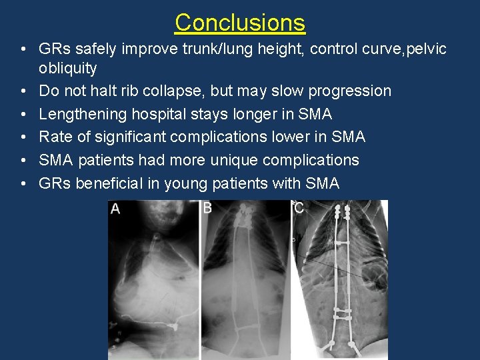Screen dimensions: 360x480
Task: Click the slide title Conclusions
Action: pyautogui.click(x=240, y=23)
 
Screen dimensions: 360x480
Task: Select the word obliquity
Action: pyautogui.click(x=68, y=69)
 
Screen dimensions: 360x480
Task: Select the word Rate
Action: pyautogui.click(x=55, y=137)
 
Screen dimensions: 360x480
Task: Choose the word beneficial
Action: pyautogui.click(x=109, y=183)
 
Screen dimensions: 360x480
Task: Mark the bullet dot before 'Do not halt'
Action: pyautogui.click(x=23, y=91)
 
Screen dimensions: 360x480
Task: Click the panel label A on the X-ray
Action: pyautogui.click(x=115, y=209)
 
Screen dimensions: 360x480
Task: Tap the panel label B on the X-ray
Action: pyautogui.click(x=207, y=209)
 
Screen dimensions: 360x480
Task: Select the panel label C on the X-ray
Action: pyautogui.click(x=299, y=209)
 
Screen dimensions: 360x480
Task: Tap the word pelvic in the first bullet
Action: pyautogui.click(x=423, y=49)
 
